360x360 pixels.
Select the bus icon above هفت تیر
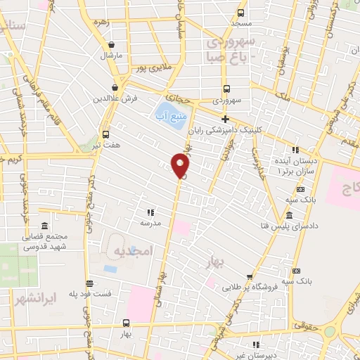(105, 134)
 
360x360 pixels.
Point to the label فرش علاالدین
(112, 98)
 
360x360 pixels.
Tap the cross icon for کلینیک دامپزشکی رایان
(224, 119)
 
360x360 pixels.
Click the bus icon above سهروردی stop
(226, 89)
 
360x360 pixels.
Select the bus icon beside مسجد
(241, 13)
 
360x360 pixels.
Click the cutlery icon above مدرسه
(150, 212)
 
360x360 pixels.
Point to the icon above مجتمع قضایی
(45, 226)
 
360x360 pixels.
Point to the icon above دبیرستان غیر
(256, 345)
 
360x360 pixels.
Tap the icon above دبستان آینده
(295, 150)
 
